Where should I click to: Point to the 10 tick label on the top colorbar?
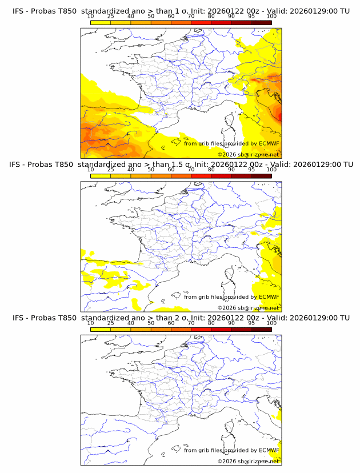pos(90,17)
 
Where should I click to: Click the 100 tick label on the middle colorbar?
pos(271,170)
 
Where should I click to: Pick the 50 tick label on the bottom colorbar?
pos(151,323)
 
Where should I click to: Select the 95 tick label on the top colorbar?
pos(251,17)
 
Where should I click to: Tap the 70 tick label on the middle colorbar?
pos(191,170)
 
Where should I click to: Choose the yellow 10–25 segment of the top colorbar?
pos(101,22)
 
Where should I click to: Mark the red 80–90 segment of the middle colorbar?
pos(221,175)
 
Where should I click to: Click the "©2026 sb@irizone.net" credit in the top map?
pos(248,154)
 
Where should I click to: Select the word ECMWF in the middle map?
pos(269,296)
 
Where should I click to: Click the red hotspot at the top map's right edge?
pos(279,116)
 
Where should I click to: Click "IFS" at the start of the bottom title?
pos(18,318)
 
